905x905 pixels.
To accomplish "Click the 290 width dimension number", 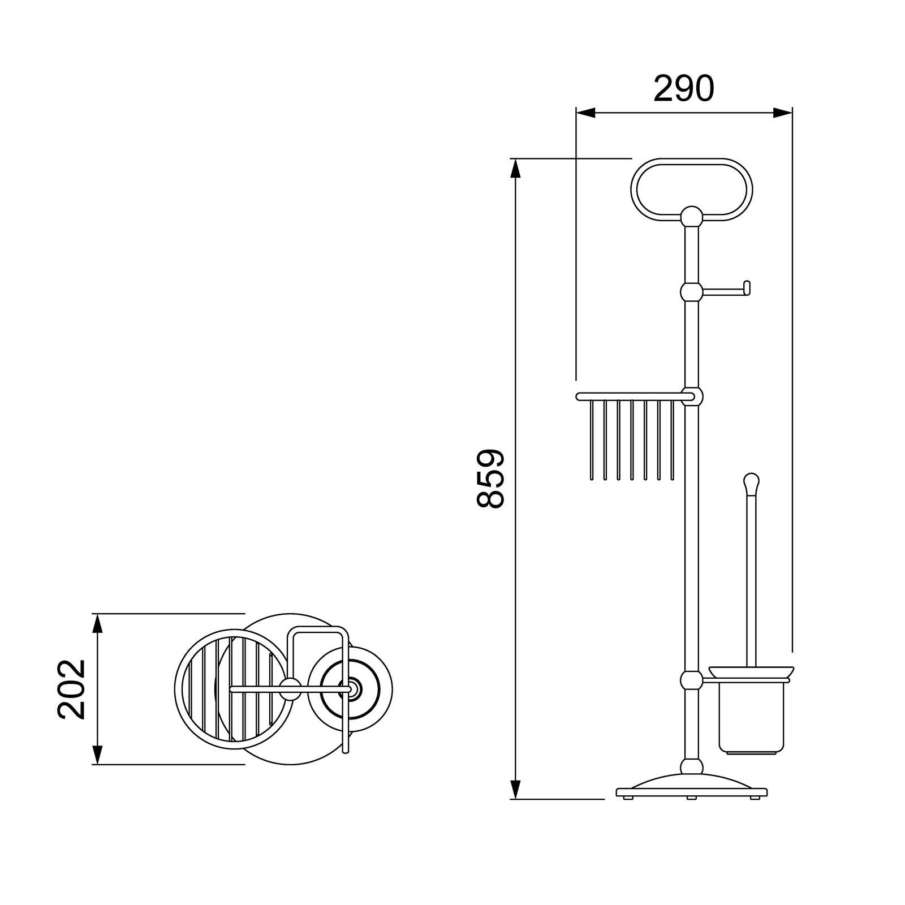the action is [x=684, y=89].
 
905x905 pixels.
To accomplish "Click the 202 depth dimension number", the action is [x=72, y=689].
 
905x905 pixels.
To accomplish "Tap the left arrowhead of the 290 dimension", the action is [x=586, y=113].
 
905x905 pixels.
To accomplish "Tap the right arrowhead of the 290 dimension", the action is [x=782, y=113].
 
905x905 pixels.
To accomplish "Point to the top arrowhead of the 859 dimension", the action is [x=515, y=169].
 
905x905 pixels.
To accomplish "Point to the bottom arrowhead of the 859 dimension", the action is [x=515, y=790].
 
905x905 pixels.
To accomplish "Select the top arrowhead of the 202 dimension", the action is [x=97, y=623].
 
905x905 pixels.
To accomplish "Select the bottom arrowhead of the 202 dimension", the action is [x=97, y=755].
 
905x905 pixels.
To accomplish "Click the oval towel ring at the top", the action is [x=691, y=161].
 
